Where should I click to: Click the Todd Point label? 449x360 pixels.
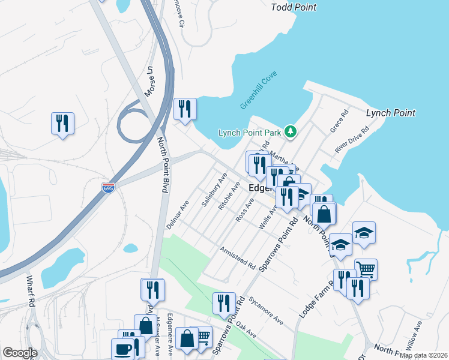pyautogui.click(x=294, y=7)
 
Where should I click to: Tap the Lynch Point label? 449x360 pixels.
pyautogui.click(x=391, y=113)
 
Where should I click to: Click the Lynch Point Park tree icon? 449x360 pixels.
pyautogui.click(x=291, y=131)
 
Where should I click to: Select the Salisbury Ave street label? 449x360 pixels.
pyautogui.click(x=214, y=190)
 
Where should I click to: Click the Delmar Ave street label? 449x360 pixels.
pyautogui.click(x=178, y=214)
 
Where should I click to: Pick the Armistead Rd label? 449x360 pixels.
pyautogui.click(x=237, y=257)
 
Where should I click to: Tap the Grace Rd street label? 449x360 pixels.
pyautogui.click(x=340, y=121)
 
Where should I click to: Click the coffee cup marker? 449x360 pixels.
pyautogui.click(x=123, y=349)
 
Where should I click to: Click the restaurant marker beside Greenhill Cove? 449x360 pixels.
pyautogui.click(x=185, y=109)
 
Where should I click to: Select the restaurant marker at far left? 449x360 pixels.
pyautogui.click(x=62, y=123)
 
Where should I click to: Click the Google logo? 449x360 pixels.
pyautogui.click(x=20, y=352)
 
